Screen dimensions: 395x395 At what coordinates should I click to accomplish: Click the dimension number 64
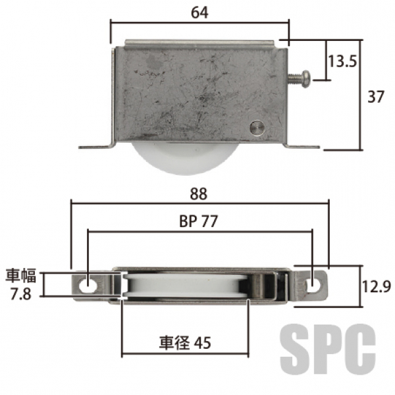[199, 13]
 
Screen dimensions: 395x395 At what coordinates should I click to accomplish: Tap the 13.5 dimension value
[342, 61]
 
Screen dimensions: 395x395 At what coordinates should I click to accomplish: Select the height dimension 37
[376, 97]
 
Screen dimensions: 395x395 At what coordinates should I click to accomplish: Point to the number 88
[199, 194]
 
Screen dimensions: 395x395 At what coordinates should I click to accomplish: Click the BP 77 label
[198, 221]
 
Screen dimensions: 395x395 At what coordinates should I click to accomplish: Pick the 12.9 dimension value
[377, 286]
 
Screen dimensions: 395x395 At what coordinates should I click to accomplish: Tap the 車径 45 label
[185, 342]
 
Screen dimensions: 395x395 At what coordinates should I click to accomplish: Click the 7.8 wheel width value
[20, 294]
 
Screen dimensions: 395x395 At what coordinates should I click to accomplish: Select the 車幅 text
[21, 276]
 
